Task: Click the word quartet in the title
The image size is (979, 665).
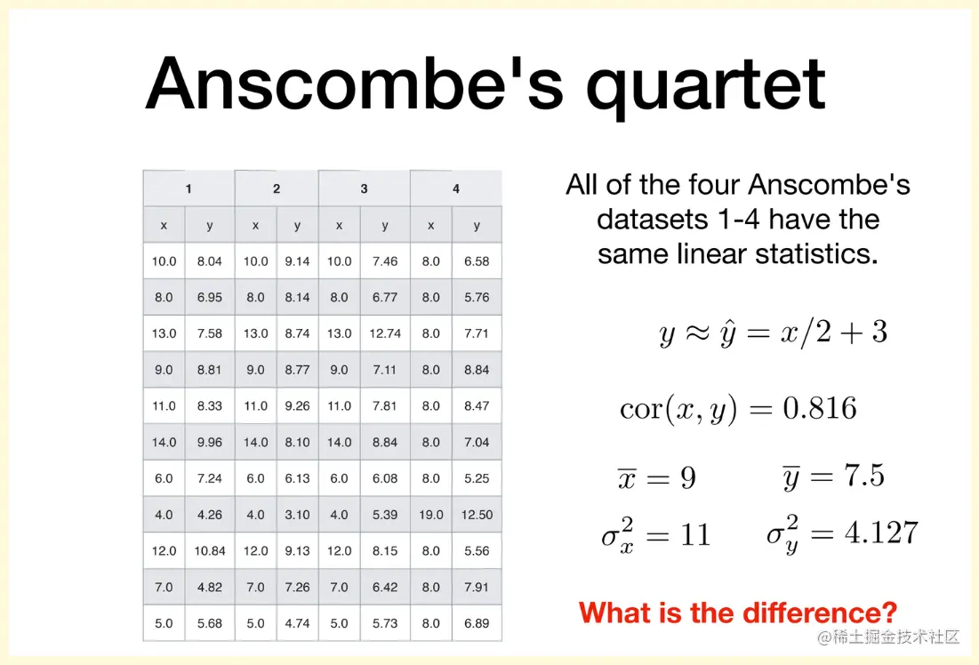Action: tap(706, 84)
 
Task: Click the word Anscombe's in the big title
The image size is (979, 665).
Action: tap(355, 82)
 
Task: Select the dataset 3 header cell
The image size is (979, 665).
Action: tap(364, 188)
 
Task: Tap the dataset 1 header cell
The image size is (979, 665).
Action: tap(189, 188)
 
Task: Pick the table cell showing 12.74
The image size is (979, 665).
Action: tap(385, 333)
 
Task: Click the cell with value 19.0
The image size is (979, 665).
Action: tap(430, 515)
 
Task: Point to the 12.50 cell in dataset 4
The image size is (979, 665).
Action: tap(477, 515)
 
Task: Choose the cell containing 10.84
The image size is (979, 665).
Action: tap(209, 550)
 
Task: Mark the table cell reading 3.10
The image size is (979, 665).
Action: tap(297, 515)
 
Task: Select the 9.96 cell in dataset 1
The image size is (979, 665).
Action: tap(209, 442)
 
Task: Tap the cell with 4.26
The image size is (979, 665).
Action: tap(209, 515)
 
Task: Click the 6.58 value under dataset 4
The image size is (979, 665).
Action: tap(477, 261)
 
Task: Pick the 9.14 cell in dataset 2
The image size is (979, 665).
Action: tap(297, 261)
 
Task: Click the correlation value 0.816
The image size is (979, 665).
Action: tap(819, 408)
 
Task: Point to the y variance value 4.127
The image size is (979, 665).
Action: tap(881, 533)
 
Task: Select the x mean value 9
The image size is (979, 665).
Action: tap(688, 477)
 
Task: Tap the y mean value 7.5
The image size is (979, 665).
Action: tap(864, 476)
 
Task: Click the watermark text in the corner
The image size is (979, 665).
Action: tap(888, 637)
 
